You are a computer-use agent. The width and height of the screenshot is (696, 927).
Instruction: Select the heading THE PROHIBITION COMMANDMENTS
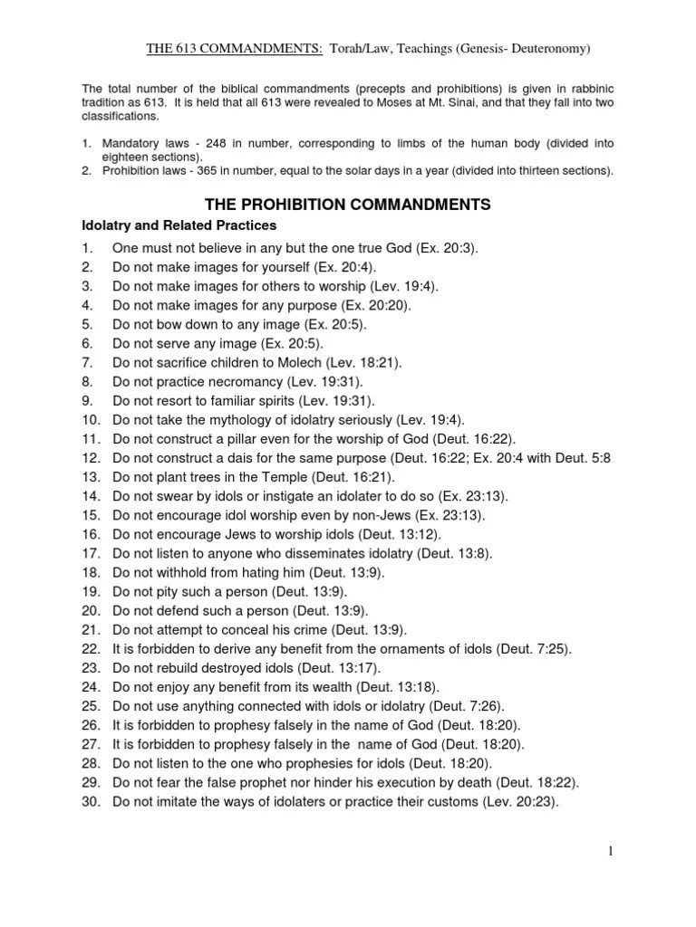(x=348, y=205)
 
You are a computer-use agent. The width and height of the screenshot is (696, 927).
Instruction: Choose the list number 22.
(x=90, y=649)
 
